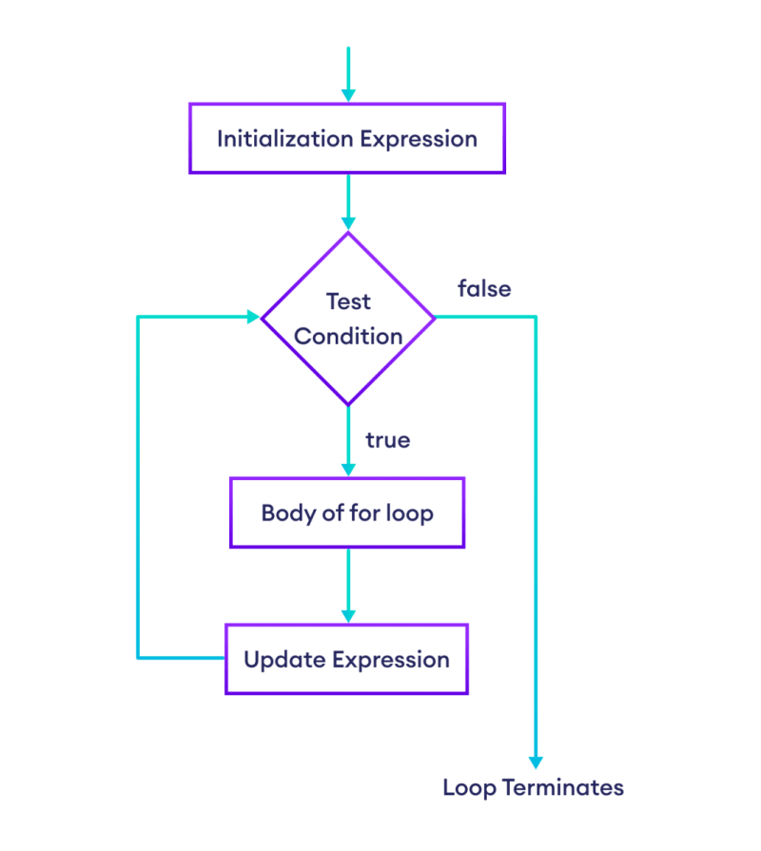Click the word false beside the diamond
484,289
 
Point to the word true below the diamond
387,440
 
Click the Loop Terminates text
533,788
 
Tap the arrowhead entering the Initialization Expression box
348,95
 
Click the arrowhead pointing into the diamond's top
348,223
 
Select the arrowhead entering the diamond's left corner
253,317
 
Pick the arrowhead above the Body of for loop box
348,470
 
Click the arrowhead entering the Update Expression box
348,616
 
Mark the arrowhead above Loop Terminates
537,764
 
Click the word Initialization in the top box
285,139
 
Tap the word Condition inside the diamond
348,337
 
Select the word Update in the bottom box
284,661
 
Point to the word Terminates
563,787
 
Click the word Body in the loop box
288,513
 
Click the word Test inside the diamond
348,301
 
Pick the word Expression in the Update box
391,661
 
